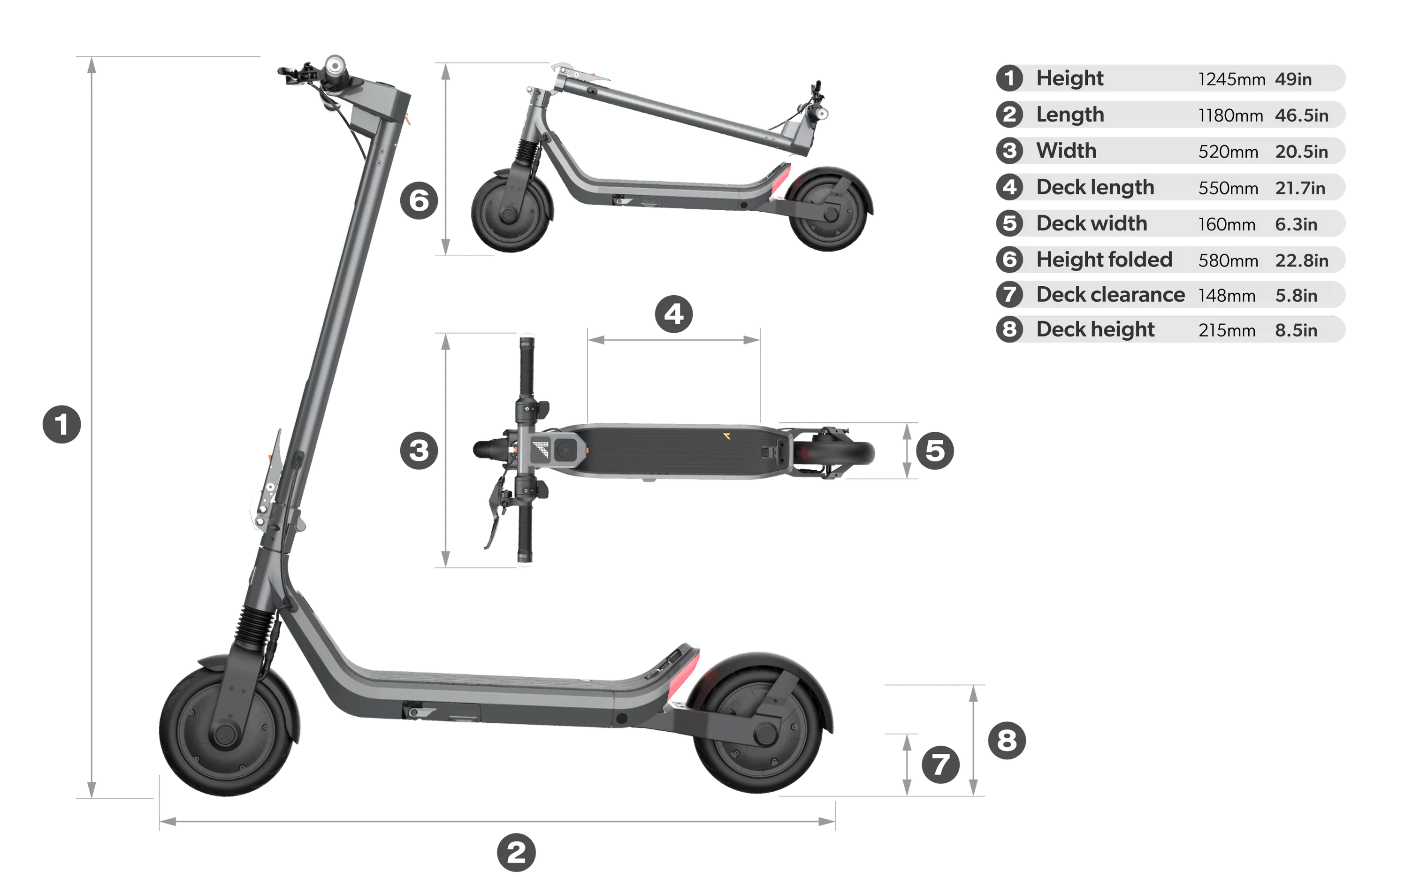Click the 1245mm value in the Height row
point(1231,79)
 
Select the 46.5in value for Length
point(1301,115)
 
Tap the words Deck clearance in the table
point(1110,295)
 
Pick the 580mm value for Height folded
point(1228,260)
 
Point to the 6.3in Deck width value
point(1295,224)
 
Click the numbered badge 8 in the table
point(1009,329)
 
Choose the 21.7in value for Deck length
point(1299,188)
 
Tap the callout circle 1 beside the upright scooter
point(62,424)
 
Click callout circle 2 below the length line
point(516,852)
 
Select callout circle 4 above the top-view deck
point(674,314)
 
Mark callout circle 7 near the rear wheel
point(940,765)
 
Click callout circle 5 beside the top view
point(935,451)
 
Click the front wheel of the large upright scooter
point(226,732)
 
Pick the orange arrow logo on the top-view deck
point(726,436)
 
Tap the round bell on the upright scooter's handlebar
point(336,64)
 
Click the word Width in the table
point(1066,151)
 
